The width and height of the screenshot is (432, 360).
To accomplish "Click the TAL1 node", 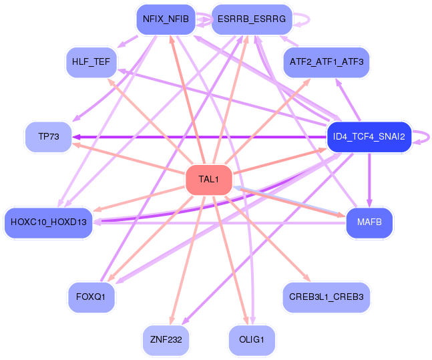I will coord(208,179).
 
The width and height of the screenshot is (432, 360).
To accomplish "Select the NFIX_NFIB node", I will coord(166,19).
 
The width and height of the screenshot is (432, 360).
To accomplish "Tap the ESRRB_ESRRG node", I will coord(251,19).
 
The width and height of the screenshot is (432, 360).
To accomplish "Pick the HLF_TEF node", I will coord(91,62).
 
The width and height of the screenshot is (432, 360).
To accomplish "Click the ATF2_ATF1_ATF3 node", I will coord(327,62).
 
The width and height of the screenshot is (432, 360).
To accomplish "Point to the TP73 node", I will coord(48,136).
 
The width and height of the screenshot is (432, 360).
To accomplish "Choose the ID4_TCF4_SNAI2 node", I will coord(369,136).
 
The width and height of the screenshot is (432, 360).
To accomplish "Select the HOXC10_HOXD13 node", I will coord(49,222).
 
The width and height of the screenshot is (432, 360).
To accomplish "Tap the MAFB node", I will coord(369,222).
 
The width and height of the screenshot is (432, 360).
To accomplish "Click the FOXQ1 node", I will coord(91,296).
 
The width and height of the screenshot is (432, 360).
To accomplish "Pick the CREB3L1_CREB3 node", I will coord(327,296).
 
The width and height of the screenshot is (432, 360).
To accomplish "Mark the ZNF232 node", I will coord(166,339).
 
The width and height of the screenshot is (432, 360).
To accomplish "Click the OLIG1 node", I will coord(251,339).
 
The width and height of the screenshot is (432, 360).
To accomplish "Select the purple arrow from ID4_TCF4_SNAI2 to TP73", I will coord(200,136).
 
